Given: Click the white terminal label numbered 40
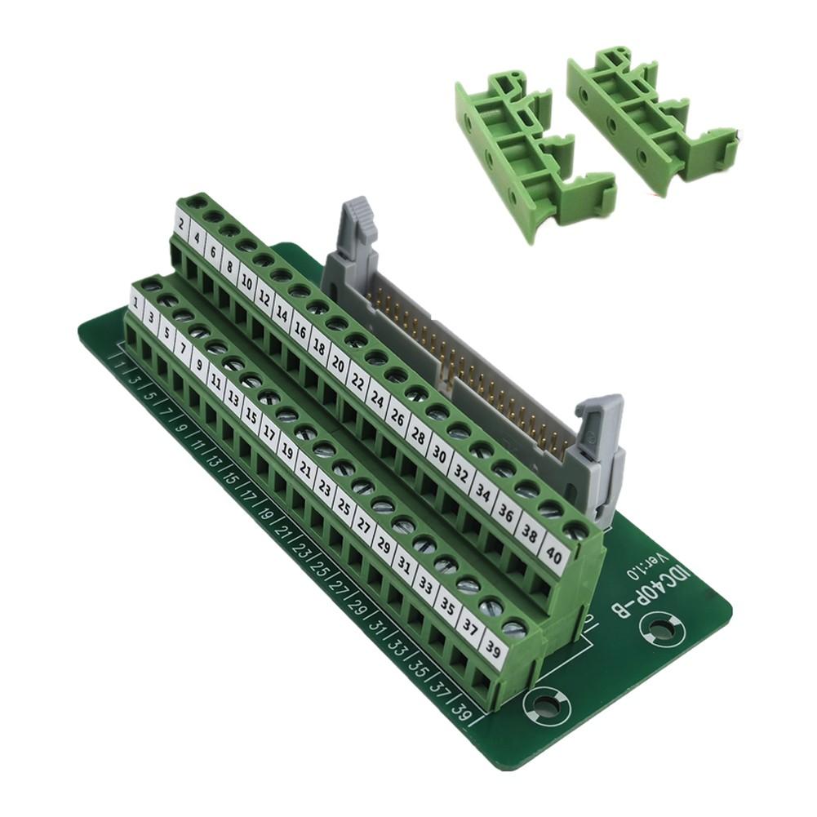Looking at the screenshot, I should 555,558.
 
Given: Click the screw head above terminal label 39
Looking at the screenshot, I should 513,628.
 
